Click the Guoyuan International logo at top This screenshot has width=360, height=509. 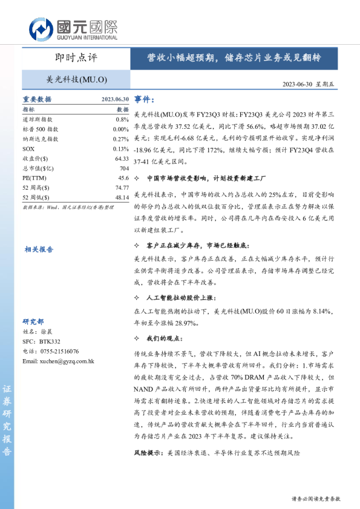73,28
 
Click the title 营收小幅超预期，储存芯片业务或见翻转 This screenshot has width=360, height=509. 234,59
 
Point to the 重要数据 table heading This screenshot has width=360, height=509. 37,100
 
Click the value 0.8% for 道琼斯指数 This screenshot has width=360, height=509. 122,120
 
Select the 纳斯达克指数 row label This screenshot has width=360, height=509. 40,139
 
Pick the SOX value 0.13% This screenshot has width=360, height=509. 121,149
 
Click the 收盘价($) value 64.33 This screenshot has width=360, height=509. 122,158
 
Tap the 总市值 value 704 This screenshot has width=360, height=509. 124,168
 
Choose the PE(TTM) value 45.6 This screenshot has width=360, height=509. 123,178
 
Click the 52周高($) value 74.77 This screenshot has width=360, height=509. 122,187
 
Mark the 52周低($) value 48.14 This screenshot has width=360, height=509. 122,197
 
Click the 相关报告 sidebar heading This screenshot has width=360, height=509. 39,249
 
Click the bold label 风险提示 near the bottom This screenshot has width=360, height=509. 149,453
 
